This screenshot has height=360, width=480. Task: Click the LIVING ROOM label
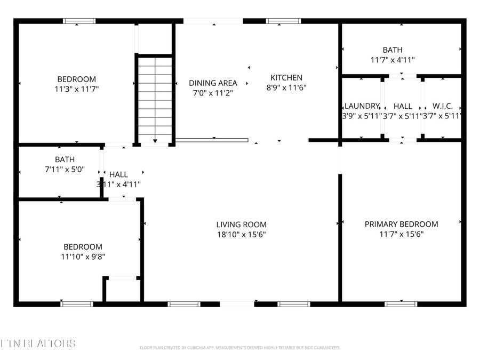[x=241, y=225]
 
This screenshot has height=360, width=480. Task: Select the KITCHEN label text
[x=286, y=77]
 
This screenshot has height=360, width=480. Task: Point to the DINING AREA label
[x=213, y=83]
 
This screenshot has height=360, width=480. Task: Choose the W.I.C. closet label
[x=442, y=106]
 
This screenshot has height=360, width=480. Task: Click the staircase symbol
[x=155, y=99]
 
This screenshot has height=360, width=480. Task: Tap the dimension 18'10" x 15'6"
[x=241, y=234]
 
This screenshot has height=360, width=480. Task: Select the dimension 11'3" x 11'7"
[x=77, y=89]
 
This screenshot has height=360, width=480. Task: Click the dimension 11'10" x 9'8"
[x=83, y=257]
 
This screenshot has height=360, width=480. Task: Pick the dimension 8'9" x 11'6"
[x=286, y=87]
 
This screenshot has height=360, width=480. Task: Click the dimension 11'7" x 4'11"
[x=393, y=60]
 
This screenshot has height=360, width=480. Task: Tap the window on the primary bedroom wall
[x=401, y=304]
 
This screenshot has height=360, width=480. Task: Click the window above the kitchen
[x=279, y=21]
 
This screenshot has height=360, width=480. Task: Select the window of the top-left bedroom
[x=79, y=21]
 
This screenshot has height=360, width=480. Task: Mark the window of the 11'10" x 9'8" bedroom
[x=76, y=304]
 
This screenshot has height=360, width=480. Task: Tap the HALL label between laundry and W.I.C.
[x=403, y=106]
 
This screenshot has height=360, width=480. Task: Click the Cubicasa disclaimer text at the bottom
[x=239, y=348]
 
